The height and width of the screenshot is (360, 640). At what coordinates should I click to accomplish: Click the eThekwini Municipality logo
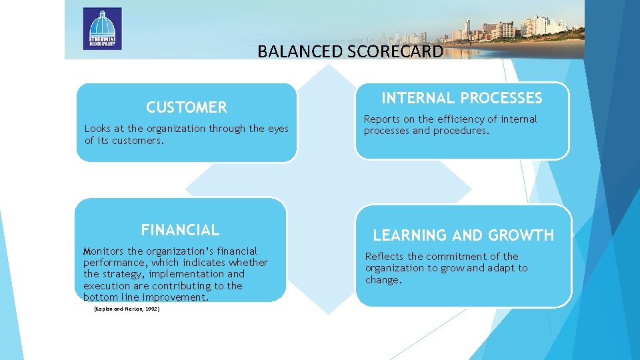click(102, 29)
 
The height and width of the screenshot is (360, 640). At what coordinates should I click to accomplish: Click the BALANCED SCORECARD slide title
click(350, 51)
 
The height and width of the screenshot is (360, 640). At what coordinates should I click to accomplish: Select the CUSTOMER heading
click(187, 107)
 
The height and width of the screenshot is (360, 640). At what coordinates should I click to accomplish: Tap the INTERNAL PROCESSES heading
click(461, 98)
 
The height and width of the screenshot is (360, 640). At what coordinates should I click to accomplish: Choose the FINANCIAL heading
click(180, 230)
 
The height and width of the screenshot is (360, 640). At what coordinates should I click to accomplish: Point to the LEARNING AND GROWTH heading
click(463, 235)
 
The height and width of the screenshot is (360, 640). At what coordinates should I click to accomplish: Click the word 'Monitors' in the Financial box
click(104, 251)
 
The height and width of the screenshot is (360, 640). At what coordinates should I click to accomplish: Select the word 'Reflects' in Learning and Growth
click(385, 257)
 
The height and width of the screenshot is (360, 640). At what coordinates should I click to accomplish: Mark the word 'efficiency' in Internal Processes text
click(457, 119)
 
